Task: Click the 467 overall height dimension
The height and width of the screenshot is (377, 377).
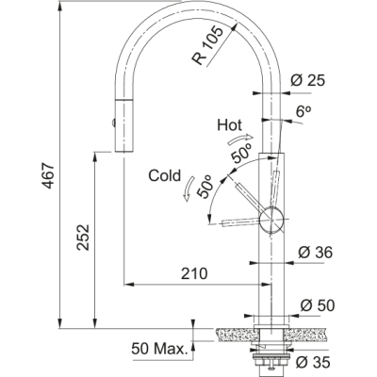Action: click(x=49, y=175)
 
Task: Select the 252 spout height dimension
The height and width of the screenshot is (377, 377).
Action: click(x=84, y=238)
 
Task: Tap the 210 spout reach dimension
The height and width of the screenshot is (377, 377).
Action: click(x=194, y=273)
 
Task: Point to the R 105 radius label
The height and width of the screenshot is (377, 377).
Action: click(x=207, y=46)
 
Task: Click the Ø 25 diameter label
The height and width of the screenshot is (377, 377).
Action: click(x=307, y=81)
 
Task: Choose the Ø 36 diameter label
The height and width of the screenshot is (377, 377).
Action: click(x=315, y=253)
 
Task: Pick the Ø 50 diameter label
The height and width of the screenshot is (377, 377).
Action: click(x=318, y=305)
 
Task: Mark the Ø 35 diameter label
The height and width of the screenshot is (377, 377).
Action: click(x=313, y=362)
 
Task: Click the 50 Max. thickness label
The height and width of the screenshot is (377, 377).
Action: click(x=159, y=349)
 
